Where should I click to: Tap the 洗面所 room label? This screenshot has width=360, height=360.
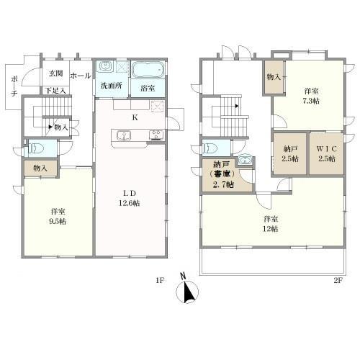111,86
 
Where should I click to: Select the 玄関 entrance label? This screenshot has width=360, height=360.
55,73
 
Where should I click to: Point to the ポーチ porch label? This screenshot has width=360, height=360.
14,86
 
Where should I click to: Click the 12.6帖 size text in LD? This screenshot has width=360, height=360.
130,203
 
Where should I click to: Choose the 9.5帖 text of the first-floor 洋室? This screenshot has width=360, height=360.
58,221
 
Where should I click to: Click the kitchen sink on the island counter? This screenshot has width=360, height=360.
124,135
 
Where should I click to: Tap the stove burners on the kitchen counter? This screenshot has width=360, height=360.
156,135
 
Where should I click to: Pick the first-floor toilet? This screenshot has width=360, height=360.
36,148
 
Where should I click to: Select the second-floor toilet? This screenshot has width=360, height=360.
210,148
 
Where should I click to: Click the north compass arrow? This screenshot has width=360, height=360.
187,290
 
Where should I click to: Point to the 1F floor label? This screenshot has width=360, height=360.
160,280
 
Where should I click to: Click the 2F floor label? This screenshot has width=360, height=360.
338,280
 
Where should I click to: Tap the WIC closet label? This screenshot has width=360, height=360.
327,149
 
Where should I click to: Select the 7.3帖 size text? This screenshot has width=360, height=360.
311,101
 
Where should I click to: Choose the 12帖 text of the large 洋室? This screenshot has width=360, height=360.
271,229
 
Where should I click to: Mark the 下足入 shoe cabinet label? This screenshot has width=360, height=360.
55,91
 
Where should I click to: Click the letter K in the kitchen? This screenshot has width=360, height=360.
135,117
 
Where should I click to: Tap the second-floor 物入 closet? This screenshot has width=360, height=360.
274,77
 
